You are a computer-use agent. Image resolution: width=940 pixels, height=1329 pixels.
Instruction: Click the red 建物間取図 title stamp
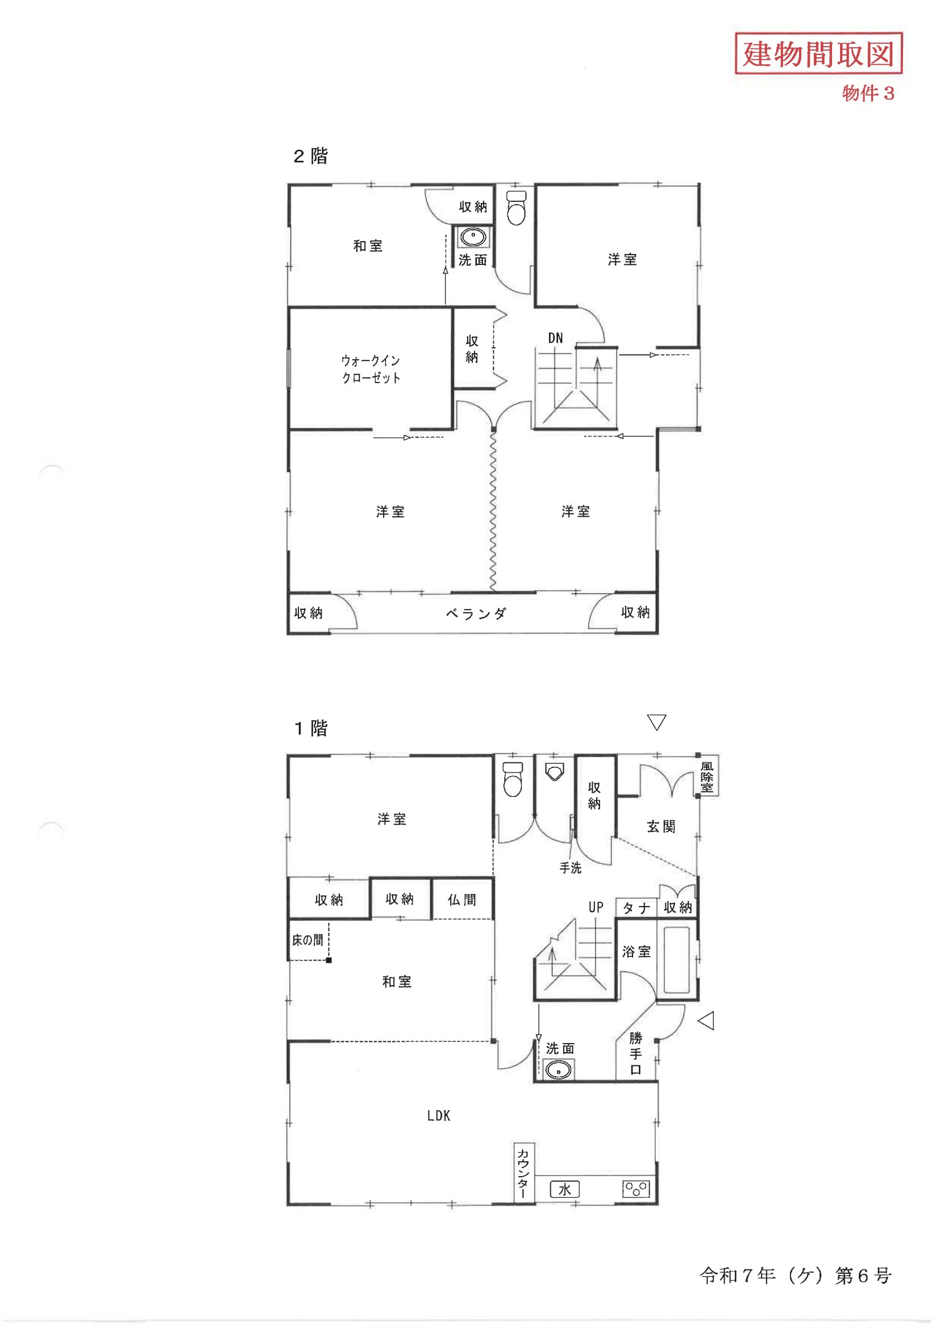(x=818, y=53)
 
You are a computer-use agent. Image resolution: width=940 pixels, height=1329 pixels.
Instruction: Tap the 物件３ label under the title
(x=868, y=93)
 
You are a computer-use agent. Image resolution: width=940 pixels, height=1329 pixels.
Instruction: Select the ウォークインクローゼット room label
(x=371, y=369)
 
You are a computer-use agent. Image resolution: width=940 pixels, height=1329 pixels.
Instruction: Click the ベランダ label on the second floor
(x=476, y=613)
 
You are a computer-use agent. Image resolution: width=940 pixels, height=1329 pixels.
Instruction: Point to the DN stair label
(x=555, y=338)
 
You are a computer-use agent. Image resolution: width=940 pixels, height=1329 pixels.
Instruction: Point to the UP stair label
(x=596, y=907)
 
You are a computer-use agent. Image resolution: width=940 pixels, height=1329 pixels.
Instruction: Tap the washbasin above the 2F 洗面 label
(x=473, y=238)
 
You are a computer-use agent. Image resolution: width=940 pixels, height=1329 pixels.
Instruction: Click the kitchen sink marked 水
(x=564, y=1190)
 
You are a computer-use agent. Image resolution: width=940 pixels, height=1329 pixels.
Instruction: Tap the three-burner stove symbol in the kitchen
(x=635, y=1190)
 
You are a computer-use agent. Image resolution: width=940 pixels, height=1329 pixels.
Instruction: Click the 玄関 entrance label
(x=661, y=827)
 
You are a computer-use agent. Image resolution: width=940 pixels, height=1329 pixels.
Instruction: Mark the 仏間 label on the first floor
(x=462, y=899)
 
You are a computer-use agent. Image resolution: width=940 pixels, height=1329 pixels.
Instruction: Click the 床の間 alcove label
(x=307, y=940)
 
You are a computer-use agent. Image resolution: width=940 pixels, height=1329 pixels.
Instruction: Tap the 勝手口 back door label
(x=635, y=1053)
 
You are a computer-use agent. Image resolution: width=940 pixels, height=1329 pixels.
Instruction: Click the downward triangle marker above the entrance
(x=656, y=722)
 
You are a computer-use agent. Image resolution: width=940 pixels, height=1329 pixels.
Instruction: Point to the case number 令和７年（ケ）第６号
(x=795, y=1275)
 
